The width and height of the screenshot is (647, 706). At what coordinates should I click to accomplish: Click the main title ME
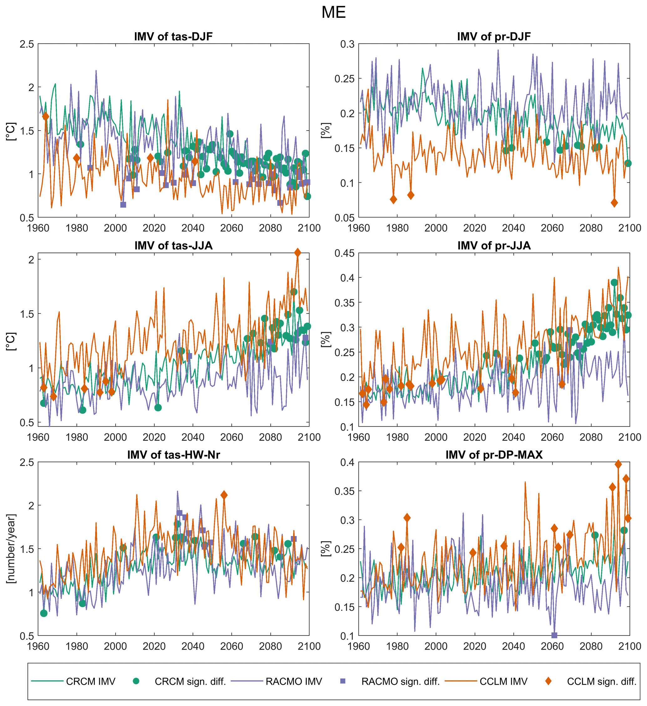coord(333,13)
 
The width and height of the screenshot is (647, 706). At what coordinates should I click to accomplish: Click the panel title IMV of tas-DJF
coord(173,36)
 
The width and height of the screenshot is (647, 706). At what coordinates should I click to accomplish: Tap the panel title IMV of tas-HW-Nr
coord(173,455)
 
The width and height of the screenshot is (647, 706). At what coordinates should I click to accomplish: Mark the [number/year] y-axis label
coord(11,549)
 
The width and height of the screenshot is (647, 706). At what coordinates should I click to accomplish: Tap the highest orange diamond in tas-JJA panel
coord(298,253)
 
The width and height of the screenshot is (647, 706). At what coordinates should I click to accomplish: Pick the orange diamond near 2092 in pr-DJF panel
coord(614,203)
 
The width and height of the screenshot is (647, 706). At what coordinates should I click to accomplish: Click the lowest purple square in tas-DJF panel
coord(123,205)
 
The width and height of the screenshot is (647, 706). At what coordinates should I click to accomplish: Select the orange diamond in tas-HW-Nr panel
coord(224,495)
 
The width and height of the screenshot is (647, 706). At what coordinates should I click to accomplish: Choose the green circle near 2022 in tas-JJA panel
coord(158,408)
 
